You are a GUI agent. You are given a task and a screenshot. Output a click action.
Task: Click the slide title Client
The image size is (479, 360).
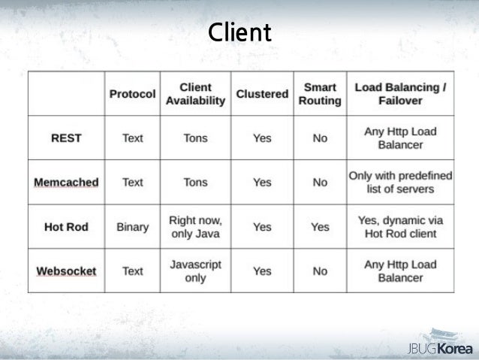click(x=240, y=34)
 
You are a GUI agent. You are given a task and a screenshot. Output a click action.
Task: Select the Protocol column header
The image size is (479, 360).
click(x=132, y=95)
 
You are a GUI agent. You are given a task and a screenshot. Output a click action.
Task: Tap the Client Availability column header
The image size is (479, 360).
click(x=195, y=95)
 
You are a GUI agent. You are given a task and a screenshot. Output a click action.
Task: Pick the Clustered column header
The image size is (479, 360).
click(x=262, y=95)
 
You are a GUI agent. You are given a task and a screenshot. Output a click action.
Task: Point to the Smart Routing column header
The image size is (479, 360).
click(x=320, y=95)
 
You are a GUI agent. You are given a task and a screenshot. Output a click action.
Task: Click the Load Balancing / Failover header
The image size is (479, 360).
click(x=400, y=95)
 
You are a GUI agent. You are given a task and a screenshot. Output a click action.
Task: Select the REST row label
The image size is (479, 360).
click(x=66, y=138)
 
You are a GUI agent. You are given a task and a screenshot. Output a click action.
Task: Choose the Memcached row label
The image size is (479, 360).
click(x=66, y=182)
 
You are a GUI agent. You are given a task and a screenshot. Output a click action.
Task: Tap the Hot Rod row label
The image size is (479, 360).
click(x=66, y=227)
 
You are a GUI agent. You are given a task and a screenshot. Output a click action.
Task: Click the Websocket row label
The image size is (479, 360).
click(x=66, y=271)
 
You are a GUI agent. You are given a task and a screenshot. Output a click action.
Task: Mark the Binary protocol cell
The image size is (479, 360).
click(x=132, y=227)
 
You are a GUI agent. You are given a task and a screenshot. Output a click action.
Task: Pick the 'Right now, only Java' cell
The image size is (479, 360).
click(x=195, y=227)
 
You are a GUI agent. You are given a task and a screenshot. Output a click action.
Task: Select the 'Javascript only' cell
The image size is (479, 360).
click(x=195, y=271)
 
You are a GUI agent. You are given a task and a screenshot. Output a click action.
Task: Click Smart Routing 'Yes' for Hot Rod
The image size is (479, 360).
click(x=320, y=227)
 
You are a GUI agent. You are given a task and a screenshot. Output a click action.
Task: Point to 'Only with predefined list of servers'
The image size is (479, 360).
click(x=400, y=182)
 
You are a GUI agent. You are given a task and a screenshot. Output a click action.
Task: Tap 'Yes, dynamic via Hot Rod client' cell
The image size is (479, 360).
click(x=400, y=227)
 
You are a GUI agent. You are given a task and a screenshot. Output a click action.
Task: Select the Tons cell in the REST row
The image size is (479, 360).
click(x=195, y=138)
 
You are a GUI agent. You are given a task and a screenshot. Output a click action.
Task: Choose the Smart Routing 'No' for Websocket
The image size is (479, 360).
click(x=320, y=271)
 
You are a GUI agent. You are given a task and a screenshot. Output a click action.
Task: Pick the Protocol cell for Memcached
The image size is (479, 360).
click(x=132, y=182)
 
